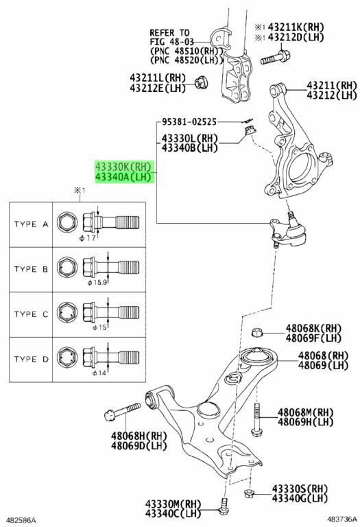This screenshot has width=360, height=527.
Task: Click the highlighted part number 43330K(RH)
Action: coord(123,167)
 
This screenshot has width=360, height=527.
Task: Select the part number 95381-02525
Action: coord(189,121)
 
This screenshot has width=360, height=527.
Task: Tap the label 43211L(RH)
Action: coord(158,78)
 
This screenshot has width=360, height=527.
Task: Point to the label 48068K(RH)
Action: coord(313,328)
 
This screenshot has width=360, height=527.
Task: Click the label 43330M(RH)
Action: coord(173,504)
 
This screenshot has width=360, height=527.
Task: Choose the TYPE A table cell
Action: coord(31,224)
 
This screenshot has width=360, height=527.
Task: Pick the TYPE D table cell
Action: coord(31,360)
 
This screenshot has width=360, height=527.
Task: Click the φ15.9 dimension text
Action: coord(97,282)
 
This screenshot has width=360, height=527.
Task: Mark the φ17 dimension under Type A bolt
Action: coord(88,238)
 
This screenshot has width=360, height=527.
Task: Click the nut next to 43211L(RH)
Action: coord(202,82)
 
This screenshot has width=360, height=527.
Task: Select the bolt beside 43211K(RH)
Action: coord(276,57)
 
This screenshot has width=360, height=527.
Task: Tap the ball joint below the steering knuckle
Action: coord(288,231)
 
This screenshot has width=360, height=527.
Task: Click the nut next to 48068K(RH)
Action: coord(256,332)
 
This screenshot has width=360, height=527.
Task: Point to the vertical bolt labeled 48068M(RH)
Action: coord(256,419)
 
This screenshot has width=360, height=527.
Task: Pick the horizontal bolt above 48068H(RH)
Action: coord(122,412)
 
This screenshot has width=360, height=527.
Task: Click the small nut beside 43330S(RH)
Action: coord(248,493)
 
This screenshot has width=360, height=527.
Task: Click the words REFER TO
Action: coord(169,33)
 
